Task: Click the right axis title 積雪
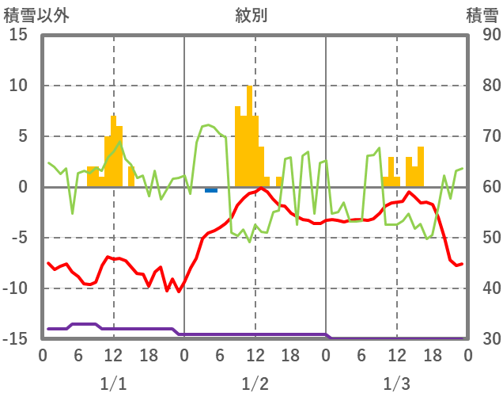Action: (481, 15)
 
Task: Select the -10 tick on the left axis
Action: (16, 288)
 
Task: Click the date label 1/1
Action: (113, 384)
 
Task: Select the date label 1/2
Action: (255, 384)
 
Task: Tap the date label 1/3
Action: (396, 384)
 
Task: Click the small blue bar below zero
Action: (211, 190)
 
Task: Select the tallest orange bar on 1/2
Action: (249, 135)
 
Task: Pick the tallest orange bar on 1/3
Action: (421, 166)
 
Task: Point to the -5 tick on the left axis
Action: (19, 238)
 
